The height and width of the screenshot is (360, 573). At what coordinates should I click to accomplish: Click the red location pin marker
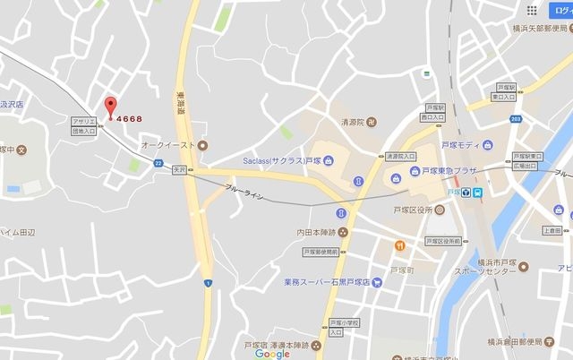[111, 106]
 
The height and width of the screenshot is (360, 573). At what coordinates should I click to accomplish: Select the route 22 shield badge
[158, 163]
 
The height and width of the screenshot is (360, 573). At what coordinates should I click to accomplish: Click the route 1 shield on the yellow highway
[208, 283]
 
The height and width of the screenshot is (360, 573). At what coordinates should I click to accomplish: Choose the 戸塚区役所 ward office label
[413, 210]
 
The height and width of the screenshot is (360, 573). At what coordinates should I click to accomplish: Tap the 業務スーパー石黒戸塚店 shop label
[327, 283]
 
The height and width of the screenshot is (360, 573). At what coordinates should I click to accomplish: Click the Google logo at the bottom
[272, 353]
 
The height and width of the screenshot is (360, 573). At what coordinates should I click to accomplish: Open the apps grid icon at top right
[532, 11]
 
